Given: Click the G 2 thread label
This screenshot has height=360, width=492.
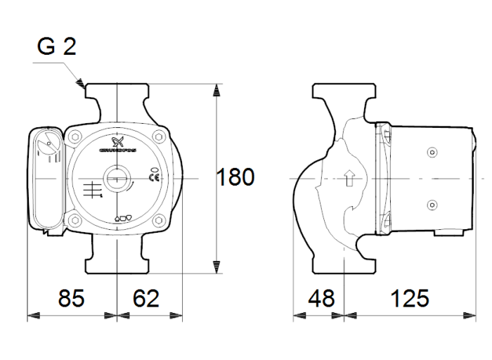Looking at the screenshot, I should (x=57, y=48).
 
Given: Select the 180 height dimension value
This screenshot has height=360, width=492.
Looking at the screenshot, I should (x=234, y=177).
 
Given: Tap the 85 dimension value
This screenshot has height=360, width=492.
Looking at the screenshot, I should (x=71, y=298).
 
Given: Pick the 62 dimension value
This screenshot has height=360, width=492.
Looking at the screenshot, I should (x=146, y=298).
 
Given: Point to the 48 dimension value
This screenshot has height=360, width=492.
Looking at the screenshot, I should (x=323, y=298).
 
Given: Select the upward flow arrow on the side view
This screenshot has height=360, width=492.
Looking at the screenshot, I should (x=349, y=179).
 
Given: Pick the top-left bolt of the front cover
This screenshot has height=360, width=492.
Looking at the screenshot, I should (x=77, y=137).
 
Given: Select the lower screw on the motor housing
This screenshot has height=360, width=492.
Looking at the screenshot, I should (x=431, y=205).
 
